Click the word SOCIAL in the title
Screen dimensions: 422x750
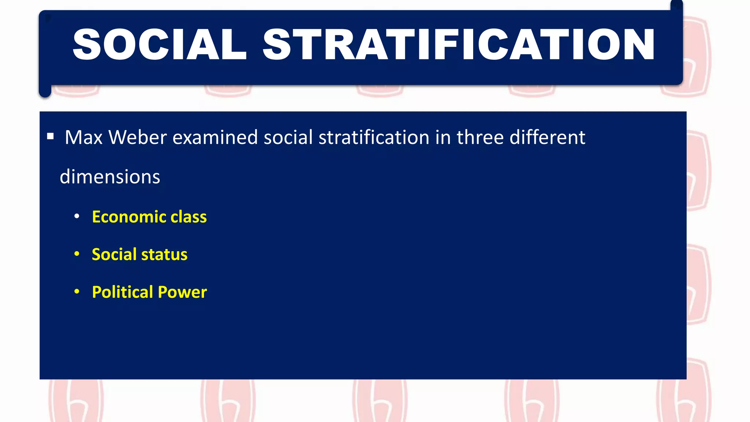[160, 45]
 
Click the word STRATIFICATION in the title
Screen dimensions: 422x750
[458, 45]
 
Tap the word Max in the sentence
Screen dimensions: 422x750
[83, 137]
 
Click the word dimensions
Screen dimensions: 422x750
[110, 177]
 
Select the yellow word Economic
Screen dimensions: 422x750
[129, 217]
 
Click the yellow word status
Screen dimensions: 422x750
[164, 255]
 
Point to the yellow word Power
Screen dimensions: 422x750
[182, 292]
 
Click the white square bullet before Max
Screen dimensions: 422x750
[51, 137]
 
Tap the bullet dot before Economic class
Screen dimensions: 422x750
[77, 216]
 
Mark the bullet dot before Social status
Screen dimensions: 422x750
[77, 254]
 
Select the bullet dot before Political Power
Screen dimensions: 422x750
[77, 292]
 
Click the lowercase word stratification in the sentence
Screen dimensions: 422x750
[374, 137]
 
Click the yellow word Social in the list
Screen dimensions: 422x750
[114, 255]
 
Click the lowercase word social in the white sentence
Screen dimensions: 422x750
[288, 137]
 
